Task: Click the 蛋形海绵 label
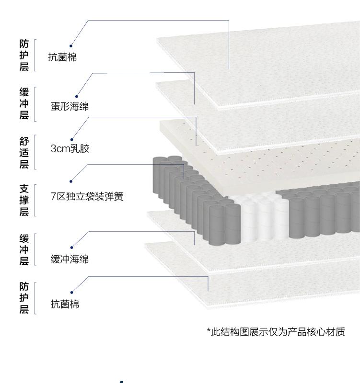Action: coord(70,106)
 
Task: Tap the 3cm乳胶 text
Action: coord(70,148)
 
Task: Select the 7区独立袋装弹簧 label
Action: coord(87,196)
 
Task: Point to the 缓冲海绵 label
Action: coord(70,259)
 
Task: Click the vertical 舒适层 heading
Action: coord(24,152)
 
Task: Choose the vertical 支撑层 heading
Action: coord(24,200)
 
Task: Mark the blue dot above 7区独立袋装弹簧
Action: coord(71,181)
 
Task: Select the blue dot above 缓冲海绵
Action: coord(71,248)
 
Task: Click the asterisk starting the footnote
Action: coord(209,332)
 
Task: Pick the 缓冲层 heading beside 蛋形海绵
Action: coord(24,103)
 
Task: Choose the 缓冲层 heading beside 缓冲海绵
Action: coord(24,249)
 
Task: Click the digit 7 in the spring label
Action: coord(53,196)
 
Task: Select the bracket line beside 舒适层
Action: coord(35,152)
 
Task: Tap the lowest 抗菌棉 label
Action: coord(65,304)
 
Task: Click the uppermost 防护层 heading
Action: coord(24,55)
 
